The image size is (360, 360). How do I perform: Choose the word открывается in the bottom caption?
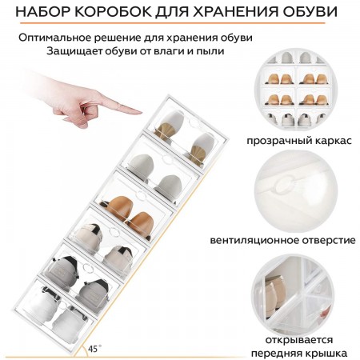tap(301, 337)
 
